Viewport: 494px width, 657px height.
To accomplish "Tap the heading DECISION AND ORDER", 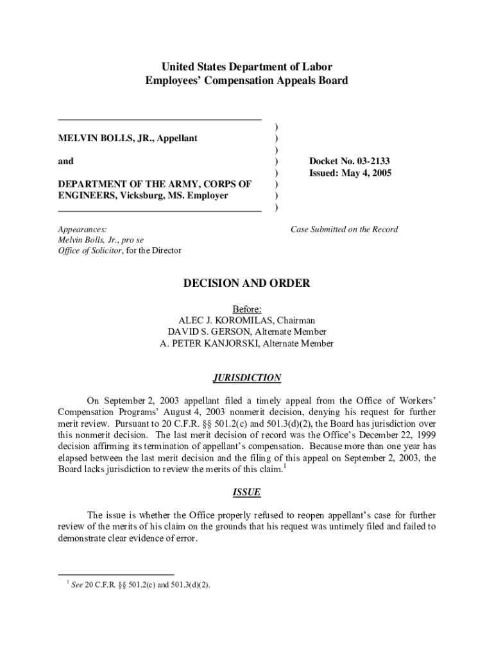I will pos(247,283).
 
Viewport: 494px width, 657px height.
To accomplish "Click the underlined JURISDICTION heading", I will pos(247,378).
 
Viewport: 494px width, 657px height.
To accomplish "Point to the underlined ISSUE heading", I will pos(247,493).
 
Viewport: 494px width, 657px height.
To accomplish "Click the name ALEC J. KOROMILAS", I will pos(220,320).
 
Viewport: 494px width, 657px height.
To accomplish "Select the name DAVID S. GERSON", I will pos(210,332).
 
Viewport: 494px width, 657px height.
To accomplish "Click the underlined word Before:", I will pos(247,309).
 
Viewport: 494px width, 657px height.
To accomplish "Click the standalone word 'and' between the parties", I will pos(65,162).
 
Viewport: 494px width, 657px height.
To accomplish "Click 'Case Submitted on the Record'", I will pos(345,229).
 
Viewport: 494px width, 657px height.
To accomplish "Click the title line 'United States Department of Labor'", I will pos(247,67).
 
